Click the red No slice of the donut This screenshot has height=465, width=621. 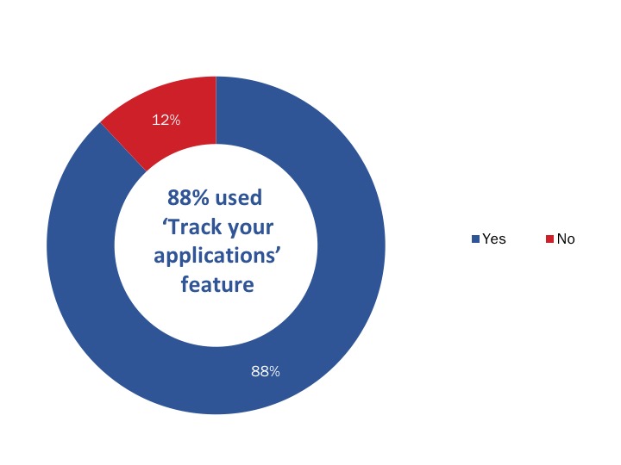(x=177, y=108)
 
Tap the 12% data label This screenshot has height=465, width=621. (x=166, y=121)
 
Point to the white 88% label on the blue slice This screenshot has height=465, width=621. (x=266, y=372)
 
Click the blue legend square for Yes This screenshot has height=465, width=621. (x=475, y=239)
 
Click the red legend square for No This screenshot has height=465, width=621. (x=549, y=239)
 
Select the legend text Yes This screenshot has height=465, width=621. (x=494, y=239)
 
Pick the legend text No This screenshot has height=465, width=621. (x=566, y=239)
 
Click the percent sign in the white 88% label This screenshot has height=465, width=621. (x=275, y=372)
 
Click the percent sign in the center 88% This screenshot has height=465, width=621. (x=203, y=198)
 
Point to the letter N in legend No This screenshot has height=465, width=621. (x=561, y=239)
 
